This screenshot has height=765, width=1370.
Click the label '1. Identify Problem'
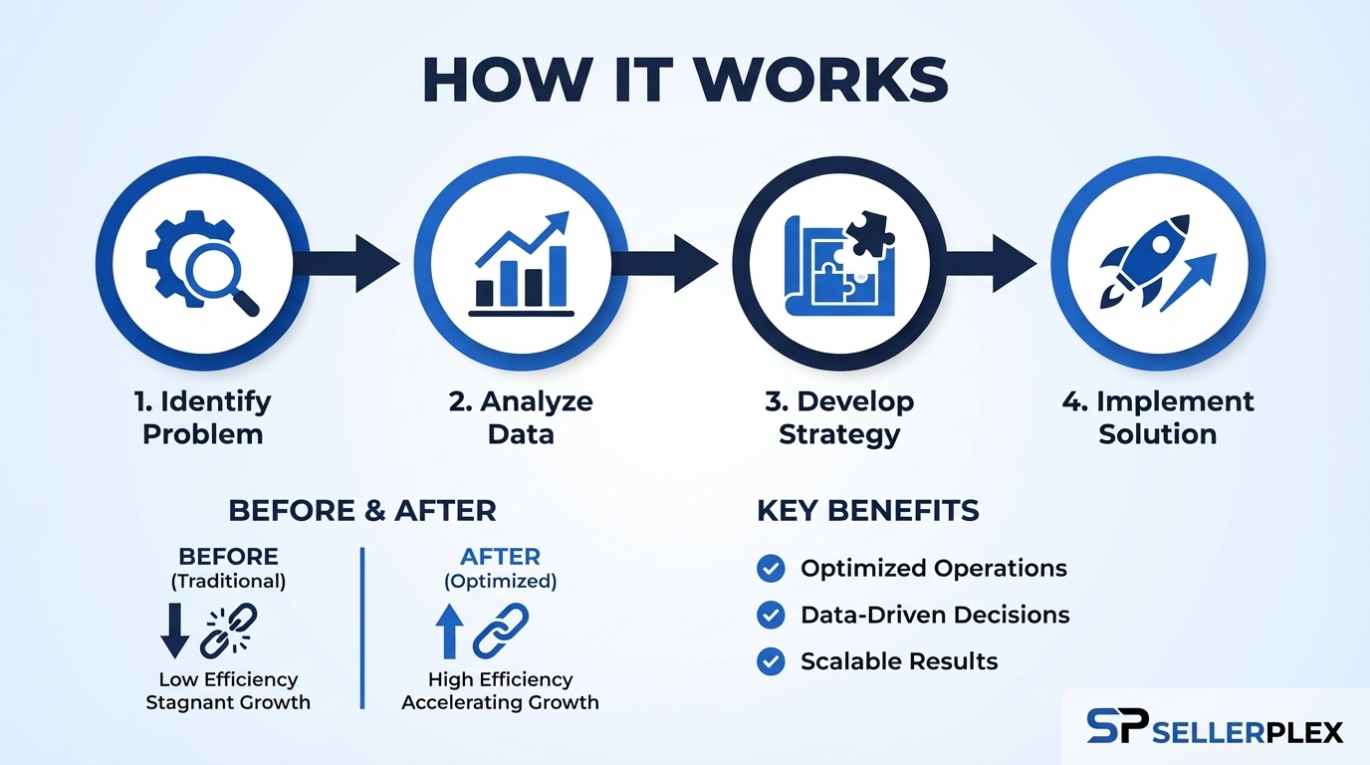[x=202, y=417]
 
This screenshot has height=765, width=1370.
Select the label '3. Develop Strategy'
[x=839, y=417]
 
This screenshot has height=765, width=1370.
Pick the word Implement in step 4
[x=1175, y=401]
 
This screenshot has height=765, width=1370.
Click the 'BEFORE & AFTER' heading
[x=362, y=511]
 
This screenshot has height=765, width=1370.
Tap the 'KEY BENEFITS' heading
[x=868, y=511]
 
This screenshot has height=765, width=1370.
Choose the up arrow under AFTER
[x=449, y=632]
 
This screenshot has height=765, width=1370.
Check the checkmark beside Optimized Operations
[x=771, y=569]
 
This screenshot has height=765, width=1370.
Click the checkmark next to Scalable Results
[x=771, y=661]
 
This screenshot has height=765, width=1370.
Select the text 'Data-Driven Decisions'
[x=935, y=615]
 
